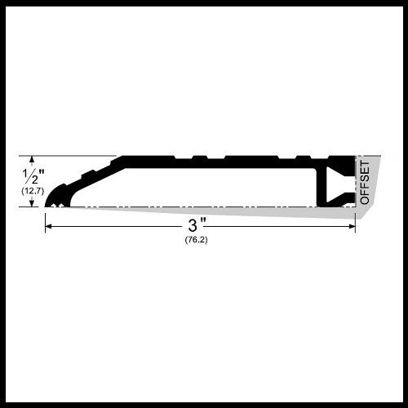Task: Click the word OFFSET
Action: tap(365, 183)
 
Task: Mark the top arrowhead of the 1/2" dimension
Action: tap(32, 159)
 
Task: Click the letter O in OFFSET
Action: tap(365, 198)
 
